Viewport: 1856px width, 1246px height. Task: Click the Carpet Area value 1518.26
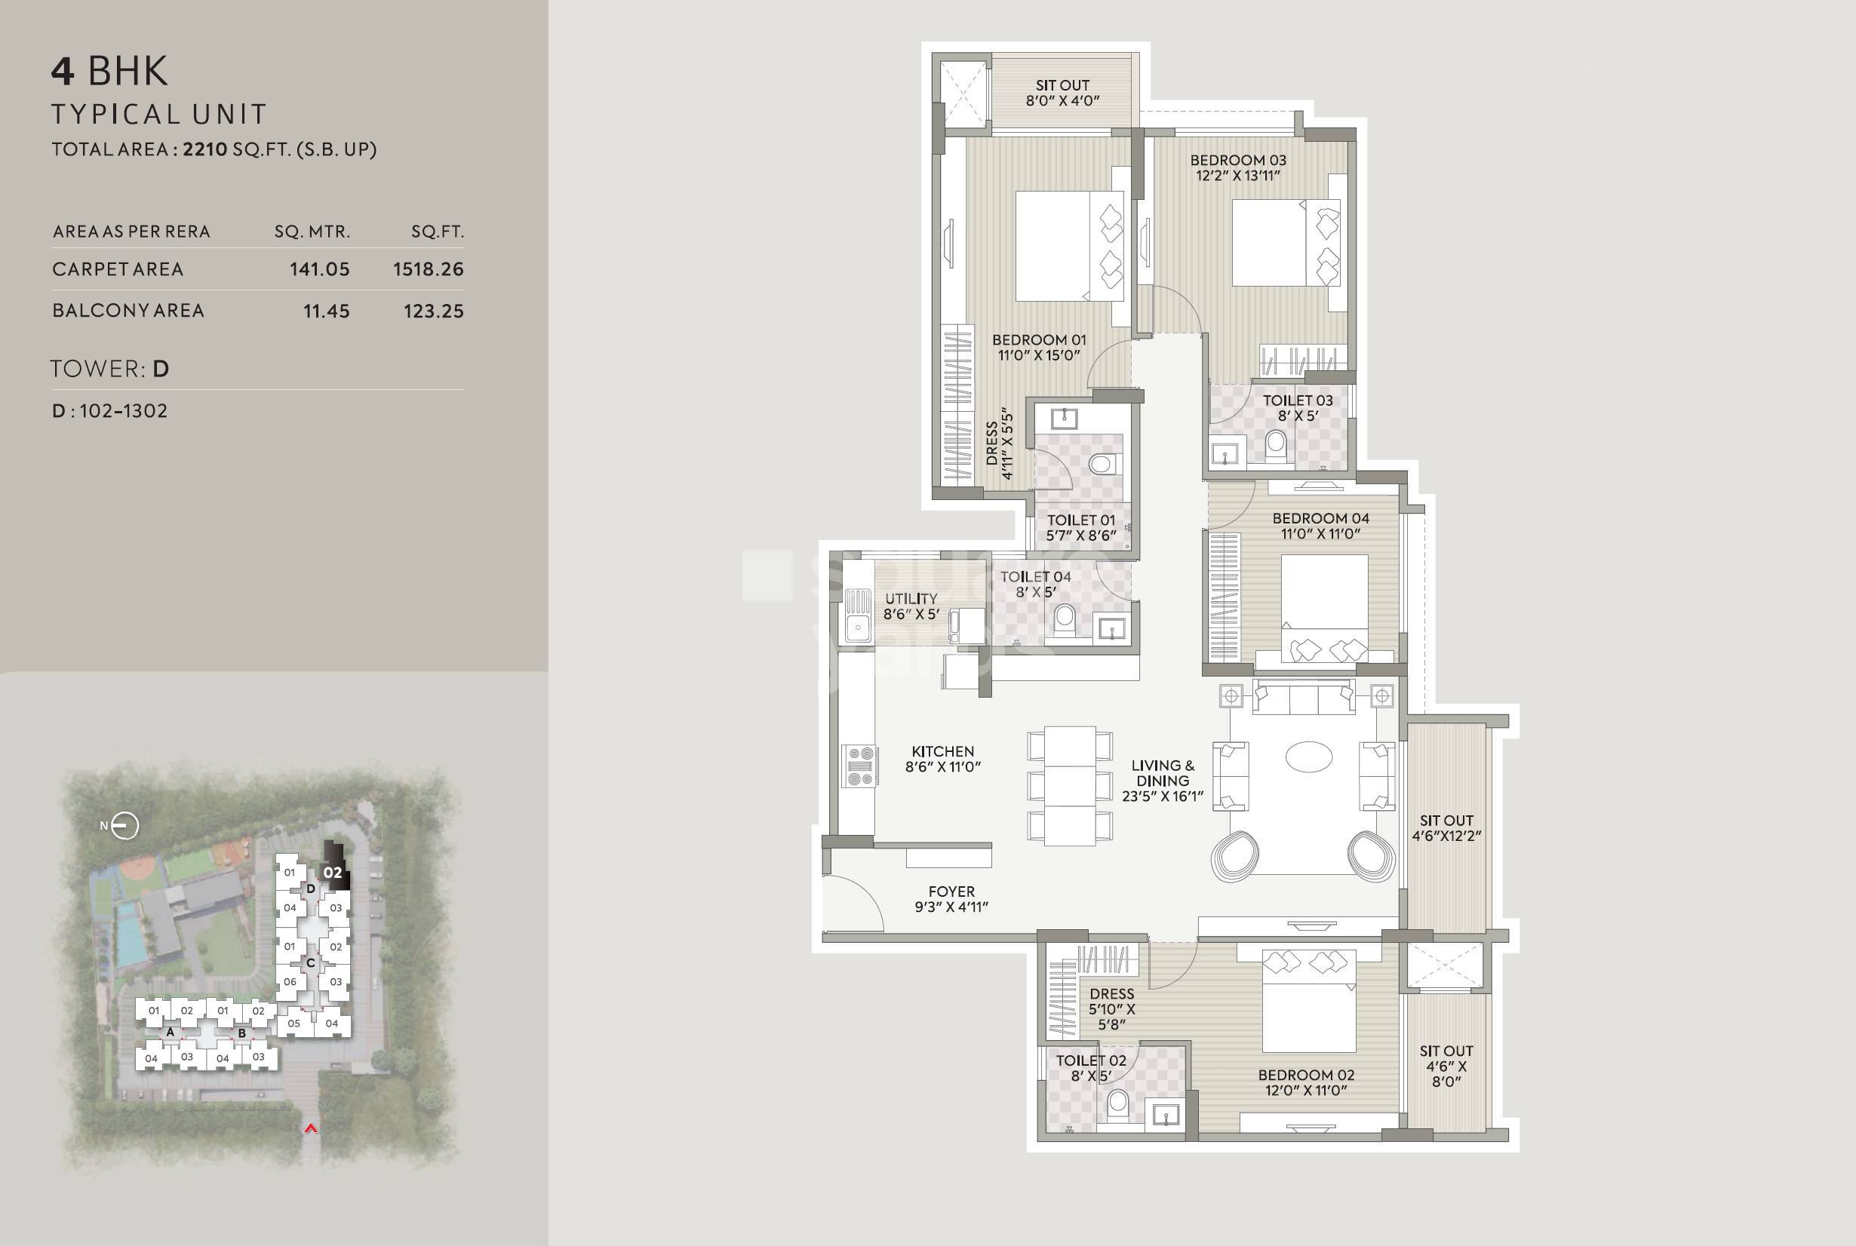click(428, 269)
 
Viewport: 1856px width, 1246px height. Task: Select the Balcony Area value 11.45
click(326, 311)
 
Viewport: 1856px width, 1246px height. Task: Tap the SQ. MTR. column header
click(312, 232)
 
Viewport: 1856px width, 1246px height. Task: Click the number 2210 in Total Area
click(205, 149)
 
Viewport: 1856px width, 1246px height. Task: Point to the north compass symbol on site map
click(124, 826)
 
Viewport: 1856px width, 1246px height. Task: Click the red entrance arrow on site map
click(311, 1128)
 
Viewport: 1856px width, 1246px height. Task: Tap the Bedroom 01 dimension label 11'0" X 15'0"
click(1039, 355)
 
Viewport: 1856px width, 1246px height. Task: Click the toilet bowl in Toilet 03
click(1275, 445)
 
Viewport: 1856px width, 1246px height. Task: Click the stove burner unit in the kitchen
click(860, 766)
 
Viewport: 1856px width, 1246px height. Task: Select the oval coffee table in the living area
click(1308, 756)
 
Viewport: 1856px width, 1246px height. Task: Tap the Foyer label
click(951, 892)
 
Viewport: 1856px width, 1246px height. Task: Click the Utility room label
click(911, 598)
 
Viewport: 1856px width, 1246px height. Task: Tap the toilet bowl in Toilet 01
click(1102, 462)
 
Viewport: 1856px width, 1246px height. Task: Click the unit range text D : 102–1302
click(109, 411)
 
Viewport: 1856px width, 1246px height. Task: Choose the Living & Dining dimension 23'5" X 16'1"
click(1162, 796)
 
